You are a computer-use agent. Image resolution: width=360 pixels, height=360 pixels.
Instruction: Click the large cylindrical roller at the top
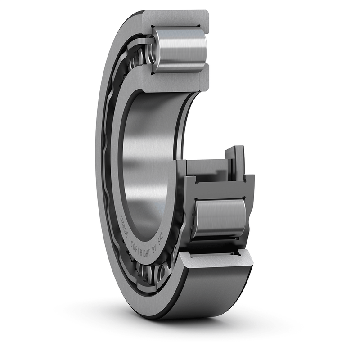(180, 49)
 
